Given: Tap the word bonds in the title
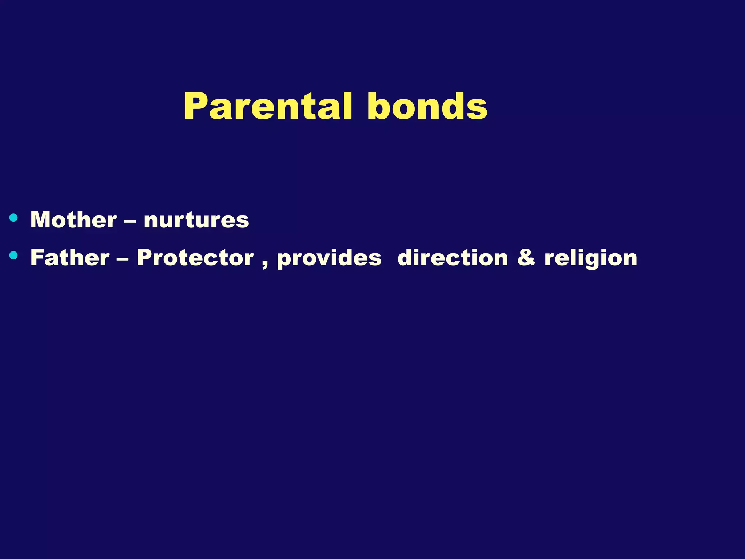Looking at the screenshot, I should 427,106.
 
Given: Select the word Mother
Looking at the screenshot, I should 73,220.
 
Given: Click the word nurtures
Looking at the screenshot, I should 196,221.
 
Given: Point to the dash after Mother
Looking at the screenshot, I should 130,221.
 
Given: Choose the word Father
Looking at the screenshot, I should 70,258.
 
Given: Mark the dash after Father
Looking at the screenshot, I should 123,259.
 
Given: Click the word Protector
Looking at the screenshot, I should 195,258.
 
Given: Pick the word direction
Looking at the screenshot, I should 453,258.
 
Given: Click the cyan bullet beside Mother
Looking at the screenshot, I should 13,218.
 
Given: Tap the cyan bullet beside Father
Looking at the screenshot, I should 13,255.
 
